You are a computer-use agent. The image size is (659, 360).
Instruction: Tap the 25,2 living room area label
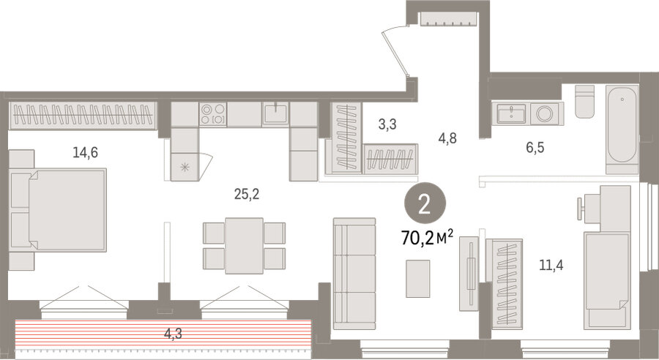(246, 194)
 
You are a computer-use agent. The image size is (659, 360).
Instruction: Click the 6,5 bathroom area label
(535, 147)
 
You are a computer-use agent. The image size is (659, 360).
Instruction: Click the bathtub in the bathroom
(622, 128)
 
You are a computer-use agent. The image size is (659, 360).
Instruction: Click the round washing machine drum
(544, 113)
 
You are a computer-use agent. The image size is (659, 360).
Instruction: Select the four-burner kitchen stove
(213, 113)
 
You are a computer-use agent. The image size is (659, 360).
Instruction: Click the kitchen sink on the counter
(275, 113)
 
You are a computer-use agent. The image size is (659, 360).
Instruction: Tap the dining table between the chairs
(244, 245)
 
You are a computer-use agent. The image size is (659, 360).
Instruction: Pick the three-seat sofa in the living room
(354, 274)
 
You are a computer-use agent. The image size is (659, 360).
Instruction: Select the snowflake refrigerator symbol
(184, 167)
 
